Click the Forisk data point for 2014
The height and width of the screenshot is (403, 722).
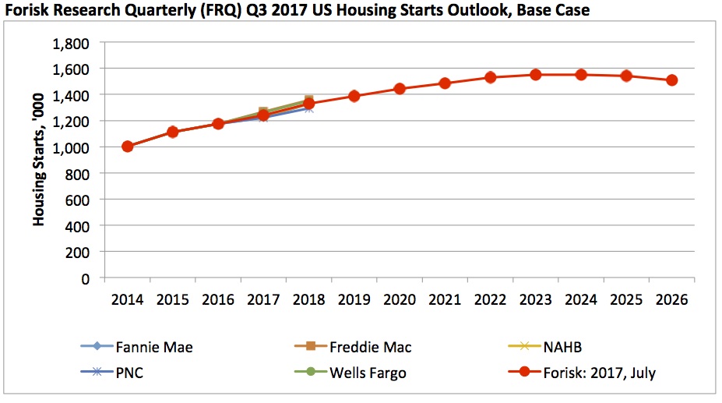coord(128,147)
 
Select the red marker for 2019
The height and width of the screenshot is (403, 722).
coord(354,96)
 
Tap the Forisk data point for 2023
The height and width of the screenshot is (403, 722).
coord(536,75)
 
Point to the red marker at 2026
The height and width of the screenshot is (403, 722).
coord(671,80)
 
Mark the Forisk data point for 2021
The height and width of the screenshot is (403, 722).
coord(445,83)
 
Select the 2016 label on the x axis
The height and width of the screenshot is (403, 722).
coord(218,301)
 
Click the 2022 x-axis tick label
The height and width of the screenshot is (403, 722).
coord(490,301)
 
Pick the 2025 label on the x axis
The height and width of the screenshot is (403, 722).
coord(626,301)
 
